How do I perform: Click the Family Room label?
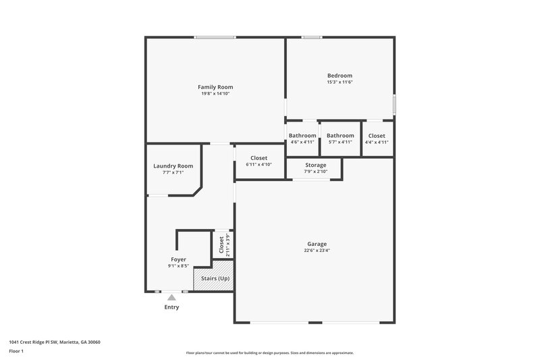click(x=215, y=87)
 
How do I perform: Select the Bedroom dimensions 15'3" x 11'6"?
click(x=340, y=82)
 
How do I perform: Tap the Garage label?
click(x=317, y=244)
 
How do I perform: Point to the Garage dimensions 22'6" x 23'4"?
click(x=317, y=251)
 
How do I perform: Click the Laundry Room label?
click(x=173, y=166)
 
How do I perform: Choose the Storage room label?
click(x=315, y=165)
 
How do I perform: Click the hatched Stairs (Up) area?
click(x=214, y=278)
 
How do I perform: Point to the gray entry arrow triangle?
click(x=172, y=297)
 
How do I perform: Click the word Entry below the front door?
click(x=172, y=307)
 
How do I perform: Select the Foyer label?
click(x=178, y=259)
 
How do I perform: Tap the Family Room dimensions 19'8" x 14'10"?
click(x=215, y=94)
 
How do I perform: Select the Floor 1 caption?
click(x=16, y=351)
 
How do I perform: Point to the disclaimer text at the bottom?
click(x=269, y=353)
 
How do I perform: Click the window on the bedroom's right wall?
click(x=394, y=104)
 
